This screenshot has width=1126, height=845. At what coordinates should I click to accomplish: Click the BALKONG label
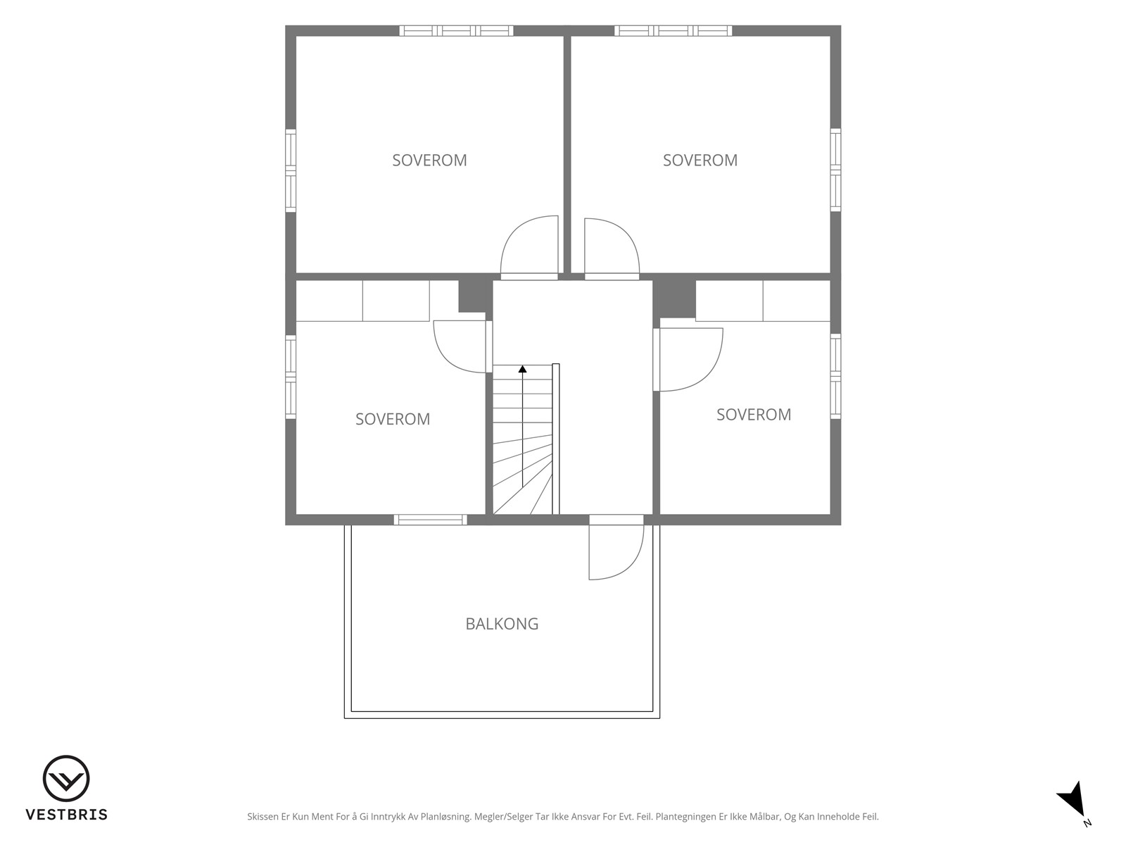502,624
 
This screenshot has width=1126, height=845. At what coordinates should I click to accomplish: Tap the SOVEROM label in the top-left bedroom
429,161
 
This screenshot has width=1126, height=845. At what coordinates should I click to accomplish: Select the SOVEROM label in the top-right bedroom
700,161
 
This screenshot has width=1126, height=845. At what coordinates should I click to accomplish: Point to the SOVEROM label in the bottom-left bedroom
393,419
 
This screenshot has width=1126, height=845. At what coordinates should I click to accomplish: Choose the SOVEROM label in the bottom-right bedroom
754,415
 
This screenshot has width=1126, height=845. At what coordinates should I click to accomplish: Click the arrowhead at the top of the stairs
522,368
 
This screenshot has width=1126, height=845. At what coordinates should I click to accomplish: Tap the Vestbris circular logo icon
66,778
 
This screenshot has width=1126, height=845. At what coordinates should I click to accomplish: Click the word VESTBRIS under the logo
67,814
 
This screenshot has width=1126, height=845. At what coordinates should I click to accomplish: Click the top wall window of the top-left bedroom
456,31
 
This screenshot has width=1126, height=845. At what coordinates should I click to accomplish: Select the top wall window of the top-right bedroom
673,31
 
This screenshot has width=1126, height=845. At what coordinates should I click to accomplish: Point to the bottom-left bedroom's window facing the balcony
431,520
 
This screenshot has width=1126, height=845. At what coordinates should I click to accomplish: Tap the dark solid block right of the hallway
674,299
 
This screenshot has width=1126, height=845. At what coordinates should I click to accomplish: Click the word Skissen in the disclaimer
262,816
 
